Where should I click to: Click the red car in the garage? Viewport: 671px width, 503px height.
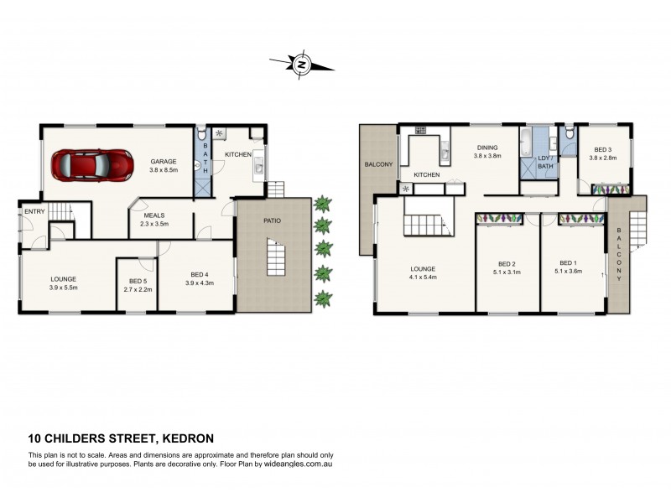[93, 164]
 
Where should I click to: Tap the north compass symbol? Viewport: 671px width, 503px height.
[303, 64]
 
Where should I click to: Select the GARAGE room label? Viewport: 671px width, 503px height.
[163, 162]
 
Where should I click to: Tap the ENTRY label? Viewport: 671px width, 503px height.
[34, 211]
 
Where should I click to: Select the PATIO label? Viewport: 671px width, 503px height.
[271, 220]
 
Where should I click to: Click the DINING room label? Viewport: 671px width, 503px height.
[488, 147]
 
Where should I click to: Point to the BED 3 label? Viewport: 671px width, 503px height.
[603, 148]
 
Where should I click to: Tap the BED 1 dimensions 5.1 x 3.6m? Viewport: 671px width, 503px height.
[570, 271]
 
